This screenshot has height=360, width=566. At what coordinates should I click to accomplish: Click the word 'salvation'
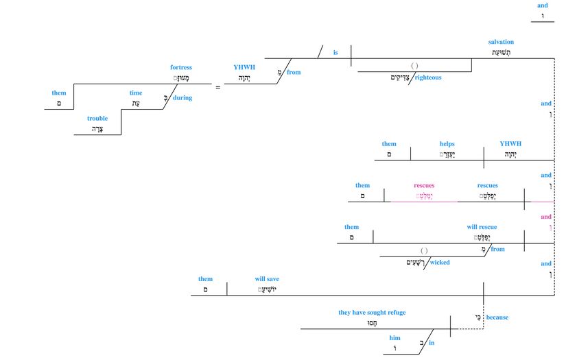coord(501,42)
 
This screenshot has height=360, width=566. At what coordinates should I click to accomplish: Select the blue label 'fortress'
coord(181,67)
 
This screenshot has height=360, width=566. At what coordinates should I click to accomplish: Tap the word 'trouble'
coord(97,119)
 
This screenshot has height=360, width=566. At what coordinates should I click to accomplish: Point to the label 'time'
coord(136,93)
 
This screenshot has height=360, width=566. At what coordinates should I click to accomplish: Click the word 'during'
coord(182,98)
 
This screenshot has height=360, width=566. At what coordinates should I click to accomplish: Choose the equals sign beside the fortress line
coord(218,88)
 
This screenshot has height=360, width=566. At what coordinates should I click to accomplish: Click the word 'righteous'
coord(428,77)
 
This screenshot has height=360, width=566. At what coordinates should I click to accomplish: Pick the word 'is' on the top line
coord(335,52)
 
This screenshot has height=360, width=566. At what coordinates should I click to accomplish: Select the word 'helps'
coord(447,144)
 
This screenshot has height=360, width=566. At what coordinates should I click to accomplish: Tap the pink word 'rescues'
coord(424,185)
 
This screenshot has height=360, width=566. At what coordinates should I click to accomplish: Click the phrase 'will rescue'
coord(482,227)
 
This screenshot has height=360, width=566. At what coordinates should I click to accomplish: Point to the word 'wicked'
coord(440,262)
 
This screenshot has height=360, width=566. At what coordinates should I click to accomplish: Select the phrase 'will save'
coord(267,279)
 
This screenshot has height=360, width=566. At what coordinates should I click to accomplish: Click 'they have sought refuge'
coord(372,313)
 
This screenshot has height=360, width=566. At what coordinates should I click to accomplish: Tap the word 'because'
coord(497,317)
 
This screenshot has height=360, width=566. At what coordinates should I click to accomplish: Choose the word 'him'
coord(394,338)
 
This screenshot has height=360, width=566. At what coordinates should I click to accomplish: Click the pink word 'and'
coord(545,217)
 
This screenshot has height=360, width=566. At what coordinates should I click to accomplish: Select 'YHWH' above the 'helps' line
coord(510,144)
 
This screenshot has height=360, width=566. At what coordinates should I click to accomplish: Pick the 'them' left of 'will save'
coord(205,279)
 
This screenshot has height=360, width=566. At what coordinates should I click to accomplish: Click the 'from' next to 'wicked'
coord(498,249)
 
